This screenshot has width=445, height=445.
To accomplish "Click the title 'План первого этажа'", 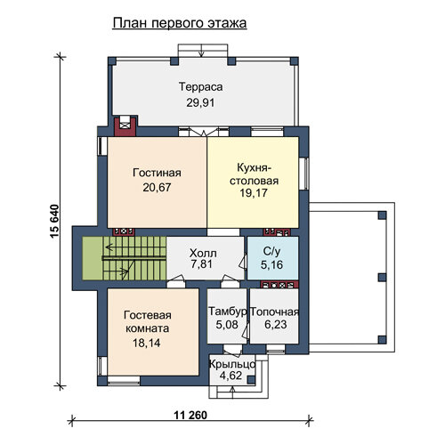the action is tap(180, 23).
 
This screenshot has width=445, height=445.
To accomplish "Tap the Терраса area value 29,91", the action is tap(200, 102).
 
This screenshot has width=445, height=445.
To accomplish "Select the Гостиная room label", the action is tap(157, 173).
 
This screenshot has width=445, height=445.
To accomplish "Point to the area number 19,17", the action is tap(254, 193).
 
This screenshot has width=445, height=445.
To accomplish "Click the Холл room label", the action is tap(203, 254).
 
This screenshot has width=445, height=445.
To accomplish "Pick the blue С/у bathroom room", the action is tap(272, 258).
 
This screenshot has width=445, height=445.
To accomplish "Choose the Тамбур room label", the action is tap(228, 311).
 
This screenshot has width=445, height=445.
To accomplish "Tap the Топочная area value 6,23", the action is tap(276, 324).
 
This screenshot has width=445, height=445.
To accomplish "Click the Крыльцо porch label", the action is tap(232, 364).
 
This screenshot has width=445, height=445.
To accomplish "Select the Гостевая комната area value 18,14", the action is tap(147, 343).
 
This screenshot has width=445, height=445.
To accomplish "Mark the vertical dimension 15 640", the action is tap(55, 222).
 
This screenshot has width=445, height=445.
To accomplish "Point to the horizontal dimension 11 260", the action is tap(190, 415).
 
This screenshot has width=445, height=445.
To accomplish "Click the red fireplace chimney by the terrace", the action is tap(125, 126).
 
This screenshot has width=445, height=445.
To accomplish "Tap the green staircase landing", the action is tap(93, 258).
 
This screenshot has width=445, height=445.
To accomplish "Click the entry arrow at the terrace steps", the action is tap(202, 51).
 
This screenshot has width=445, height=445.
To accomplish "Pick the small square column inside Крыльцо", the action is tap(251, 379).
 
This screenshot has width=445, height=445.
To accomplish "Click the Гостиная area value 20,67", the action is tap(157, 188).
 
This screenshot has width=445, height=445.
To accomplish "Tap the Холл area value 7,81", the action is tap(202, 264).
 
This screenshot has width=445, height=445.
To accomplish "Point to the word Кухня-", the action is tap(254, 168).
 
